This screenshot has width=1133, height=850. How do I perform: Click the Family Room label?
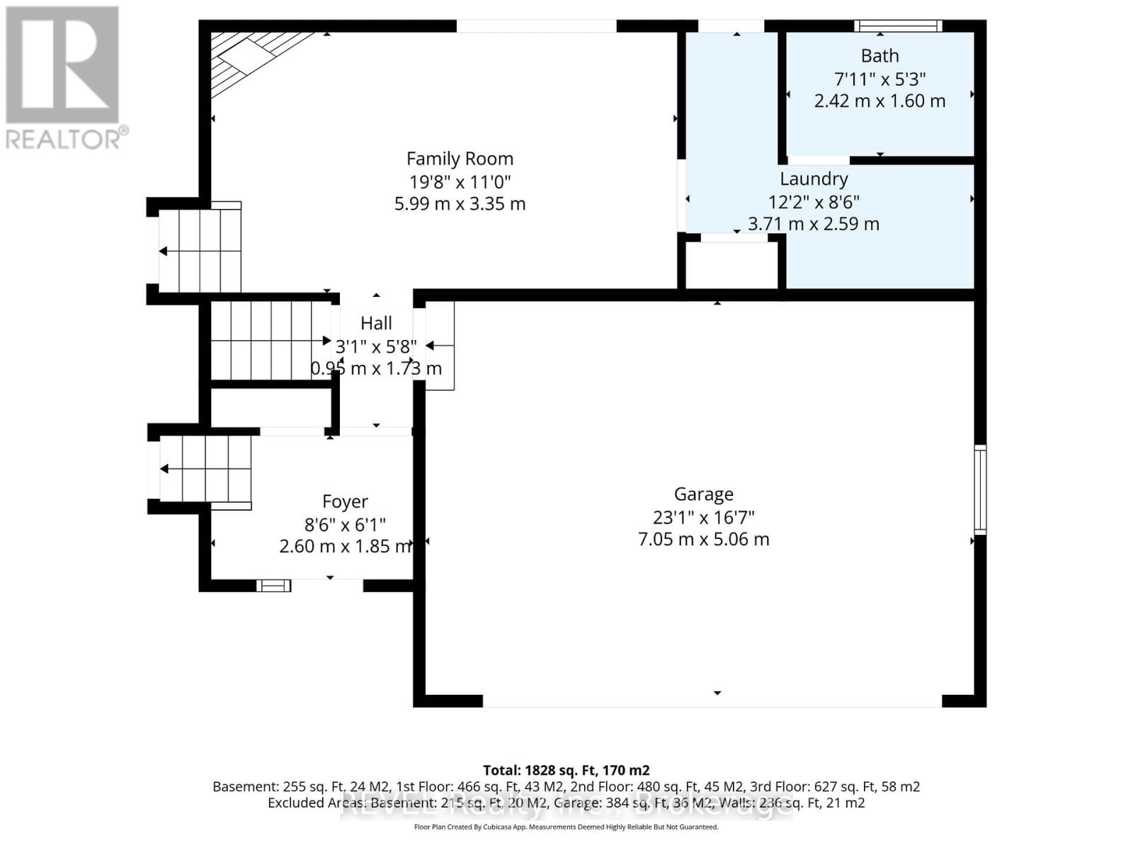click(460, 159)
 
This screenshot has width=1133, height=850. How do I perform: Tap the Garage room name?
click(703, 494)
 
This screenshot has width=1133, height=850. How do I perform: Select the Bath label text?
click(879, 56)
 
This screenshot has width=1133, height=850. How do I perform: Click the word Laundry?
click(814, 178)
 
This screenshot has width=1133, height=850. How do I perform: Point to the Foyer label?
click(345, 501)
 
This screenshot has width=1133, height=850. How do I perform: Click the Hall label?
click(376, 323)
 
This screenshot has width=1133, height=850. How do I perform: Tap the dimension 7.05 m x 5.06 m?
click(703, 539)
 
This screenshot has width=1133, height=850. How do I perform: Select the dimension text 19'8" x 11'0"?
click(460, 181)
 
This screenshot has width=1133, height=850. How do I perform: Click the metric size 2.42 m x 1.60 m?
click(879, 101)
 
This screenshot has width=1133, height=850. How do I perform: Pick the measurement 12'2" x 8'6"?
click(814, 202)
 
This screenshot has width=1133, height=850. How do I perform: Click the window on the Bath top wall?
click(897, 26)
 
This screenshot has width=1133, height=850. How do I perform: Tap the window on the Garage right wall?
click(980, 489)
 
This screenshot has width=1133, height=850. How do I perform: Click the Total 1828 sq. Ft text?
click(566, 770)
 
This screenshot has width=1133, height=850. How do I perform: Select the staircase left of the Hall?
click(271, 341)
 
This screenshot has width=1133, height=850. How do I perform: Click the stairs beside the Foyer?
click(205, 469)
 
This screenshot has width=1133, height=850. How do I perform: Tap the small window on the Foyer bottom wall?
click(273, 585)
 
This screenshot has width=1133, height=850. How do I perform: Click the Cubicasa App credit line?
click(566, 827)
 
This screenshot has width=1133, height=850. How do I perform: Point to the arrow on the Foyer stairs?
click(164, 469)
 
